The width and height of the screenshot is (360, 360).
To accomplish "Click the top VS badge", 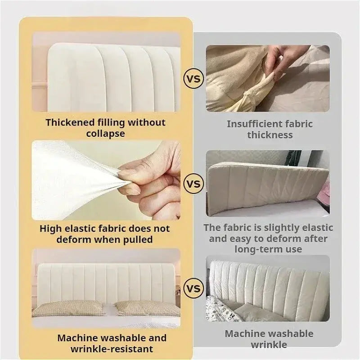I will (193, 79).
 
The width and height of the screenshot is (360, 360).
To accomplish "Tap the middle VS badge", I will (193, 184).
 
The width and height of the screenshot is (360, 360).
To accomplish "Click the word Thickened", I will (70, 122).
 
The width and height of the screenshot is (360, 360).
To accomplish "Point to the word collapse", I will (105, 134).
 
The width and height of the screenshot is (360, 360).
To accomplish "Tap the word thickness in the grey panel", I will (270, 135).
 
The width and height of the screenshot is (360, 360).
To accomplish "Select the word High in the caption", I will (50, 228).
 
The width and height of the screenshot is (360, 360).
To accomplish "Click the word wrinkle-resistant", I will (111, 349).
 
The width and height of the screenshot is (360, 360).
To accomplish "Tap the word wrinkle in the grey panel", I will (269, 345).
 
